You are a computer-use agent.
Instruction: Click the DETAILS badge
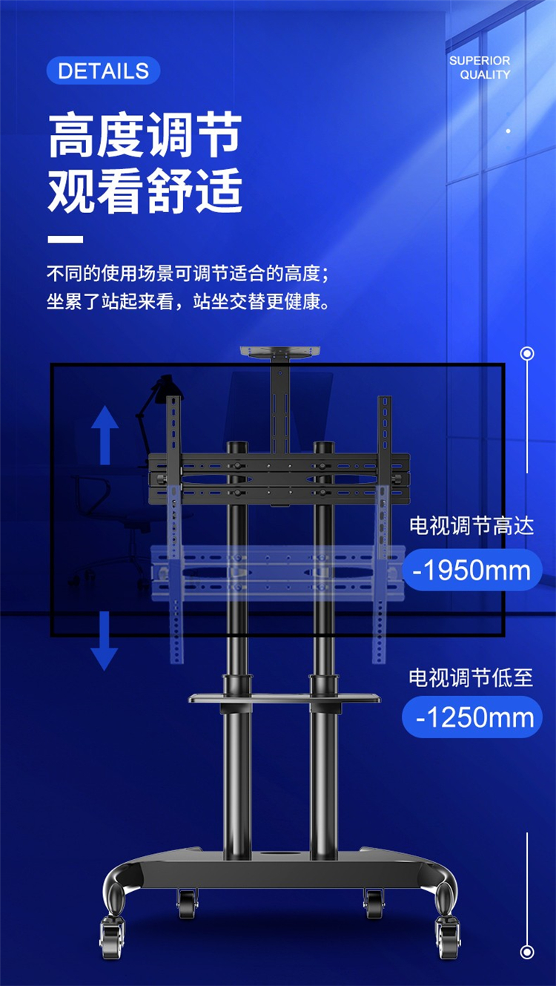tap(103, 70)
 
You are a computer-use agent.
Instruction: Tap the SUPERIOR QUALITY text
tap(480, 68)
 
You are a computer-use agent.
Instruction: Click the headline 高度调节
tap(145, 135)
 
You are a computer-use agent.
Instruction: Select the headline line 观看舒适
tap(145, 190)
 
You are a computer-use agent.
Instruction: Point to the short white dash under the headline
tap(65, 240)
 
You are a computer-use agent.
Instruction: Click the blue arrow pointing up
tap(105, 435)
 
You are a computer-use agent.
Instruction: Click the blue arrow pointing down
tap(105, 641)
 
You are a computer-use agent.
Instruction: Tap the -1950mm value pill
tap(472, 570)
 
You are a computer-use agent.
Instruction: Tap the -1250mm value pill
tap(472, 717)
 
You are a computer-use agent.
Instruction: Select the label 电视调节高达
tap(471, 525)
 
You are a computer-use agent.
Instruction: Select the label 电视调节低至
tap(471, 677)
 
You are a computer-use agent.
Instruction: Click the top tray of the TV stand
tap(280, 352)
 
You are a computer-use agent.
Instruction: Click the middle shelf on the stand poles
tap(284, 698)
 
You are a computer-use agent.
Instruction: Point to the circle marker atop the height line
tap(527, 353)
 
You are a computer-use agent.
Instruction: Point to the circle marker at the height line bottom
tap(527, 952)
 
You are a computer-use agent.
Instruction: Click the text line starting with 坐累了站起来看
tap(188, 301)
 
